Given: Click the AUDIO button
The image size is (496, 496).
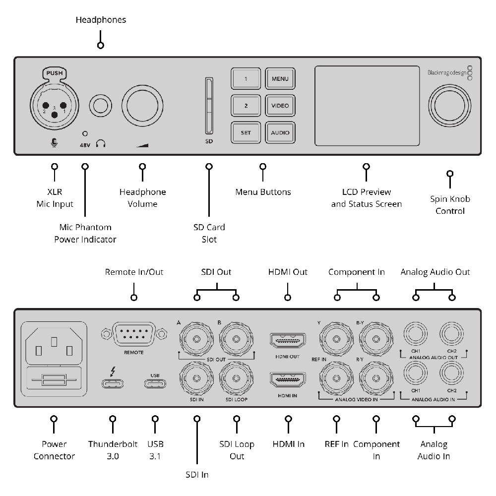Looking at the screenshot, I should (280, 132).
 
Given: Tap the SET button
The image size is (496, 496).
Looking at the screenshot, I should (246, 132).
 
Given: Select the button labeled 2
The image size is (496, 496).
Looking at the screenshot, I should (246, 106).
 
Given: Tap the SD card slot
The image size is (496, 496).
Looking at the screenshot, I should (209, 106).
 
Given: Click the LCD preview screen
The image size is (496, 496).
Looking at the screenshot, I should (367, 106).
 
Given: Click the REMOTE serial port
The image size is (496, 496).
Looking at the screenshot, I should (134, 336).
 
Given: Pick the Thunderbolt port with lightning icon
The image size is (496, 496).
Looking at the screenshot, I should (114, 383).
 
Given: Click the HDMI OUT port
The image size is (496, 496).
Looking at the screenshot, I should (287, 340).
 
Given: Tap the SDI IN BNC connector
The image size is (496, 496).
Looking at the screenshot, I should (197, 378).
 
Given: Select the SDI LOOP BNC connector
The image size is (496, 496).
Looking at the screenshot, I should (236, 378).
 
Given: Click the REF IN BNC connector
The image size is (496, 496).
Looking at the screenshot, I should (337, 378).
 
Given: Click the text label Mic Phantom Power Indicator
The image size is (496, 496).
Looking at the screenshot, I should (85, 234).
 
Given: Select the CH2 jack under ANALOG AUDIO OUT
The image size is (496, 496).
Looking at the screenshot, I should (451, 335).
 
